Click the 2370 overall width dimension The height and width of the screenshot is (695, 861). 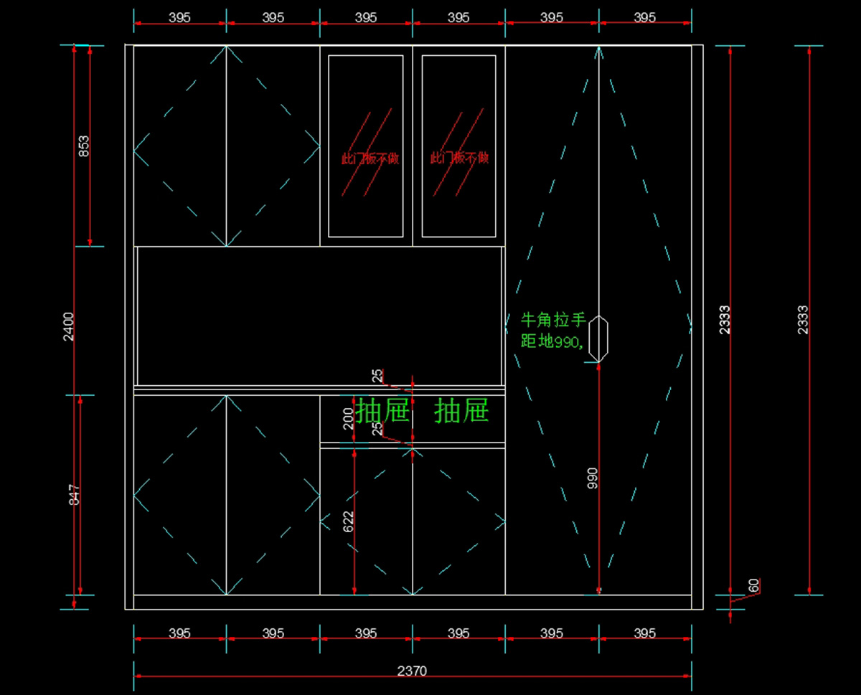click(412, 671)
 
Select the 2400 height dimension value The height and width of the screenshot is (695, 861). click(69, 326)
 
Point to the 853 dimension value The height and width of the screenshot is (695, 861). click(84, 146)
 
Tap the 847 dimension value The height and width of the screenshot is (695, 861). click(75, 495)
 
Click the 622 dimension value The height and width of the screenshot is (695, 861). click(349, 521)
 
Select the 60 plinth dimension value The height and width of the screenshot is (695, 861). click(753, 585)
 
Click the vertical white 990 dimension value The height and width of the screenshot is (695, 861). click(593, 478)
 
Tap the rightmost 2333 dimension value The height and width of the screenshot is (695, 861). click(803, 320)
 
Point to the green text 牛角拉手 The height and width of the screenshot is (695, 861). click(552, 319)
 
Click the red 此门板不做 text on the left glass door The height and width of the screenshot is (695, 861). click(370, 159)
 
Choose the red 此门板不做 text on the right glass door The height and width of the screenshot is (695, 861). click(459, 158)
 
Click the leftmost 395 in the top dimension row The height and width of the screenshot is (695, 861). click(179, 17)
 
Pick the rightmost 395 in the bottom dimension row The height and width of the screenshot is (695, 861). click(644, 633)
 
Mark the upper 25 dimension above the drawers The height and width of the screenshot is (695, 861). click(377, 375)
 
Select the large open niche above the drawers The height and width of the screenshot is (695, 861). click(319, 316)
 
